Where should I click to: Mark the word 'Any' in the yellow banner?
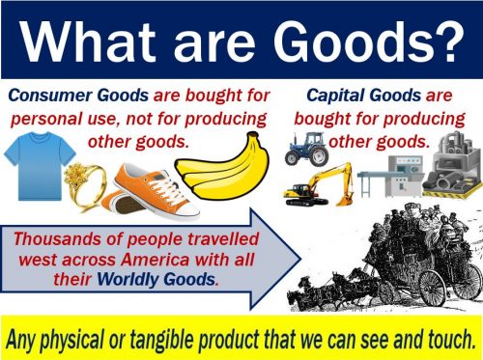coord(27,338)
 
